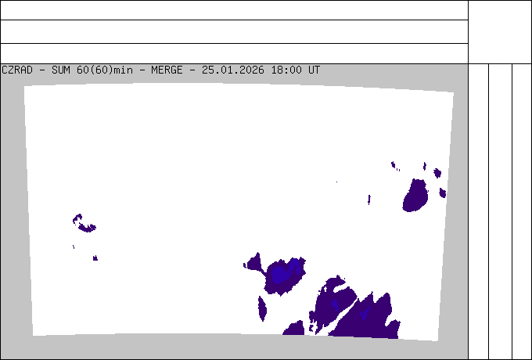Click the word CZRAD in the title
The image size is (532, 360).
tap(17, 70)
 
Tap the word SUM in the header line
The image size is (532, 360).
tap(61, 70)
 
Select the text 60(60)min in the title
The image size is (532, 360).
tap(105, 70)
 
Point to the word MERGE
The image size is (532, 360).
tap(167, 70)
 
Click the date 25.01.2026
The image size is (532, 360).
tap(233, 70)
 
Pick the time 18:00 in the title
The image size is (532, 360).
tap(286, 70)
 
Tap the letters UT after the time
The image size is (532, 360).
tap(314, 70)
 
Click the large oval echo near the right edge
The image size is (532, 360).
tap(415, 196)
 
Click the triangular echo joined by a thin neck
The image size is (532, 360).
tap(254, 262)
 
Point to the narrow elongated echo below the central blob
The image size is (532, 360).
tap(262, 308)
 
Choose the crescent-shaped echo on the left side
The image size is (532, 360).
tap(84, 223)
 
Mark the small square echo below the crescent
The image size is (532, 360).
tap(95, 258)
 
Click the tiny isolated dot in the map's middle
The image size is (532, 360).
tap(337, 182)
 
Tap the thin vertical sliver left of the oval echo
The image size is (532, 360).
tap(369, 200)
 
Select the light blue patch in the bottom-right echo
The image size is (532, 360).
tap(364, 313)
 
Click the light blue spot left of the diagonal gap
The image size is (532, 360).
tap(335, 304)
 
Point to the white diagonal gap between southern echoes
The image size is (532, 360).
tap(341, 317)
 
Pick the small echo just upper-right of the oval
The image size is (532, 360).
tap(437, 173)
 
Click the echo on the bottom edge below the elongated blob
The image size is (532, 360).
tap(294, 328)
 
